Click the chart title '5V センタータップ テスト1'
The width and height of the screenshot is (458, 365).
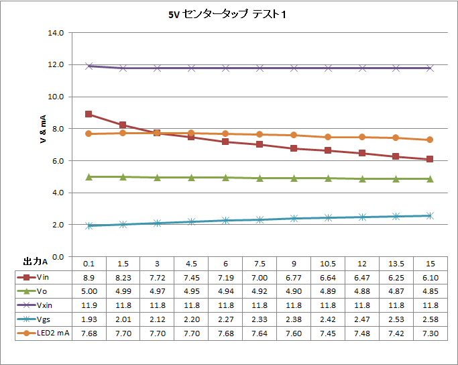229,15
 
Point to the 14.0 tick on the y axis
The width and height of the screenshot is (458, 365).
57,32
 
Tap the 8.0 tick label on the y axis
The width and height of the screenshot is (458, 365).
57,129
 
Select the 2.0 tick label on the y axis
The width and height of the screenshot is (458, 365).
57,225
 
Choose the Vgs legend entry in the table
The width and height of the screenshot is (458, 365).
44,319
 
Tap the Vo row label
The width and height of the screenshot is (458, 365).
42,291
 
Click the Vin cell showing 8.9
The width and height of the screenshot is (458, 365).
88,276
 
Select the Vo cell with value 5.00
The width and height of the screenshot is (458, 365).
88,291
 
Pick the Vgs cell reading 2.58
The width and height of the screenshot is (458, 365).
429,319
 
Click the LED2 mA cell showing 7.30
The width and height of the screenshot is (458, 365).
429,333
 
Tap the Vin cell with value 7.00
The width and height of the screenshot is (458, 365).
259,276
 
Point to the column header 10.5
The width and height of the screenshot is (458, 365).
327,262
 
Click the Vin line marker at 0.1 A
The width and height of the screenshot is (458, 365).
89,114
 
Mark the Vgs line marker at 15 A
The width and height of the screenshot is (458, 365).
430,215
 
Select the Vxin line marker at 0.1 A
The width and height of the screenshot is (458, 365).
89,66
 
